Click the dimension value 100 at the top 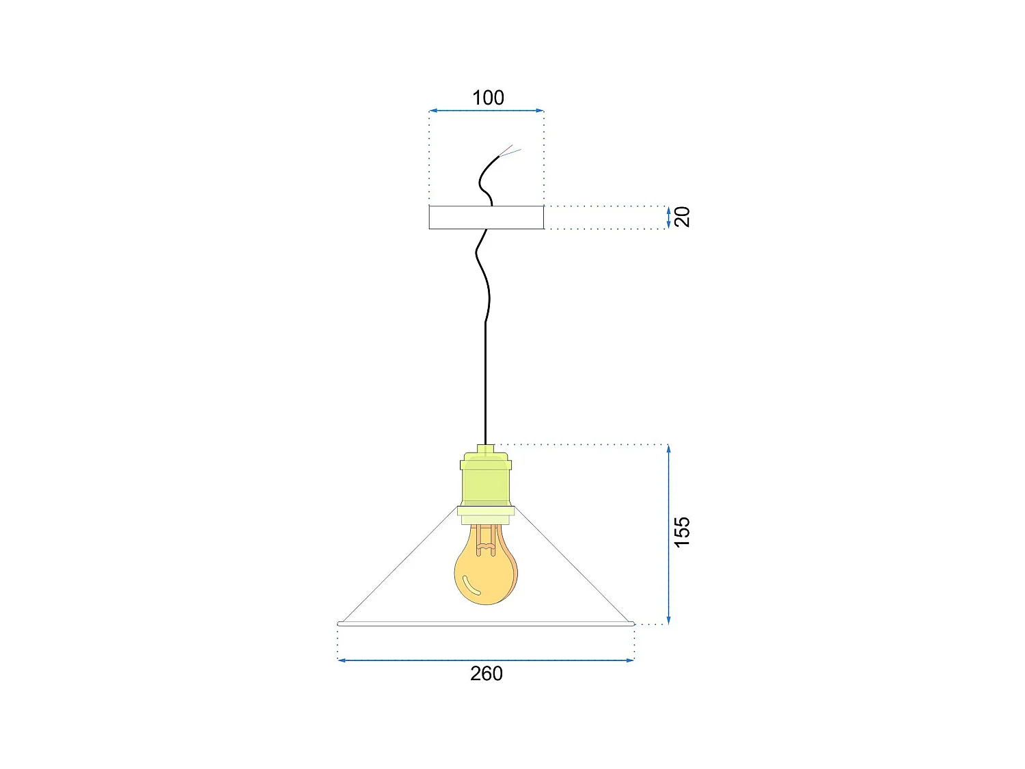488,98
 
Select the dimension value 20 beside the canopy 682,217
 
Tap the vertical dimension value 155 682,532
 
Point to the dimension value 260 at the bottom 486,674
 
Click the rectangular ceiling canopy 486,217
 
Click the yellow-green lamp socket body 486,482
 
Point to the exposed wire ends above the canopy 510,151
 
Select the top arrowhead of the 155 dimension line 668,448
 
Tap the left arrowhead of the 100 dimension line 433,110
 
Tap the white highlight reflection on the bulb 471,586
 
